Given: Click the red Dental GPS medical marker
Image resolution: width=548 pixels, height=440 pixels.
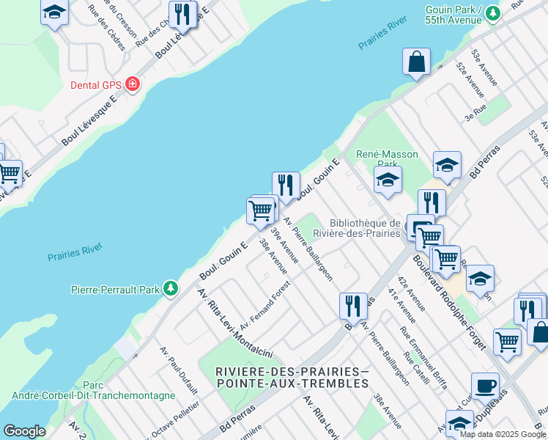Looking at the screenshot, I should (133, 84).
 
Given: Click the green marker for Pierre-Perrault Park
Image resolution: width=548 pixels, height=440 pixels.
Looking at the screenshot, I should (171, 289).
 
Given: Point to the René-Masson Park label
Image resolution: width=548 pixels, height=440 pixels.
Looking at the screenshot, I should (387, 154).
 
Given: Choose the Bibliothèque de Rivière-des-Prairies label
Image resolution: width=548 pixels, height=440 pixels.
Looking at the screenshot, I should (364, 228).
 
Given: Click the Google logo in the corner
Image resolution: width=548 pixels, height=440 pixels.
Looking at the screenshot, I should (24, 431).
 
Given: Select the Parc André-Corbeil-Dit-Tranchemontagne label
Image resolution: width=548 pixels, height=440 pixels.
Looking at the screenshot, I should (93, 390).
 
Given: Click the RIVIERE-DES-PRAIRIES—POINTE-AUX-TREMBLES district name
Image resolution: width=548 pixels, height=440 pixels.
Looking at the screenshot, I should (292, 378).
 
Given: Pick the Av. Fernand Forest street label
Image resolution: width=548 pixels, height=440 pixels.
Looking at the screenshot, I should (265, 304).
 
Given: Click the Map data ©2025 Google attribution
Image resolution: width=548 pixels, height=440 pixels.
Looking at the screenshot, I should (503, 434).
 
